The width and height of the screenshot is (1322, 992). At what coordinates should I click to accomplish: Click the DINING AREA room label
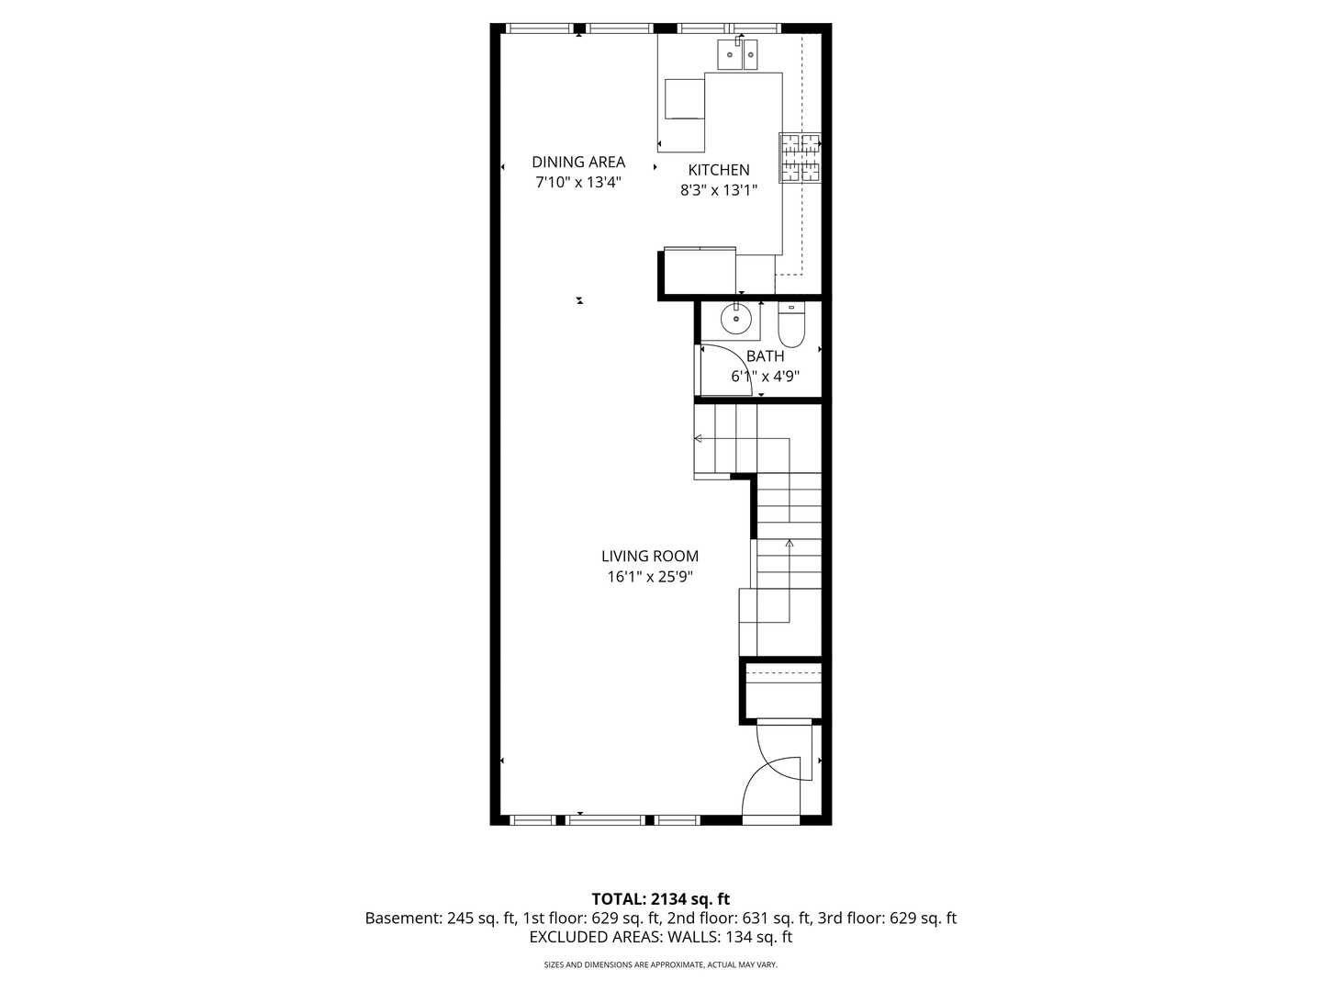click(x=578, y=162)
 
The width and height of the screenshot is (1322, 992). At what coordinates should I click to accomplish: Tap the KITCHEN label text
click(x=719, y=170)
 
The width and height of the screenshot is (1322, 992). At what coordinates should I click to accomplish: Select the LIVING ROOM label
click(x=650, y=556)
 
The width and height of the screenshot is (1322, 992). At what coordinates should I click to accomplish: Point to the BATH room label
click(x=765, y=356)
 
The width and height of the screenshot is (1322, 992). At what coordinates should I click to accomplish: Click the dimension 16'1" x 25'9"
click(x=650, y=577)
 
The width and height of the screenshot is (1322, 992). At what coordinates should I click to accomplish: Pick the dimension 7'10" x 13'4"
click(x=578, y=182)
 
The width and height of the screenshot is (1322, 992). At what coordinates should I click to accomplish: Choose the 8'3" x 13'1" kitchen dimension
click(x=719, y=190)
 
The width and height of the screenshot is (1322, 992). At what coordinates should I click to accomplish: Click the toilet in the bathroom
click(x=791, y=324)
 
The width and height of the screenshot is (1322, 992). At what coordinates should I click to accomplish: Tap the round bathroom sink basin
click(x=735, y=320)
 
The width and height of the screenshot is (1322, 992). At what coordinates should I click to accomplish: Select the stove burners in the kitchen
click(x=801, y=158)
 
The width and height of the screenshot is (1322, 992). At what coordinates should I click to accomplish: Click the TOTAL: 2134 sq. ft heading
click(x=660, y=899)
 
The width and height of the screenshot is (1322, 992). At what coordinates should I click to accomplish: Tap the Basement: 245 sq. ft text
click(x=441, y=919)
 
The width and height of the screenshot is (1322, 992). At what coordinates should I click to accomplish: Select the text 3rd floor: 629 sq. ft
click(x=887, y=919)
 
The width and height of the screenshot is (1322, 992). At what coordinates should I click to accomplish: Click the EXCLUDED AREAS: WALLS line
click(x=661, y=937)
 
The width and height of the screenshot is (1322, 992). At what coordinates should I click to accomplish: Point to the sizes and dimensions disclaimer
click(x=661, y=964)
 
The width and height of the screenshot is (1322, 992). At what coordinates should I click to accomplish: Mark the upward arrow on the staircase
click(x=789, y=543)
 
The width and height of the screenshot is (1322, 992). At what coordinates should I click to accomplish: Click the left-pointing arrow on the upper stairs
click(x=698, y=438)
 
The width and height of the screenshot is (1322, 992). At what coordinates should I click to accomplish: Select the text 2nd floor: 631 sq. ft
click(x=739, y=919)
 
